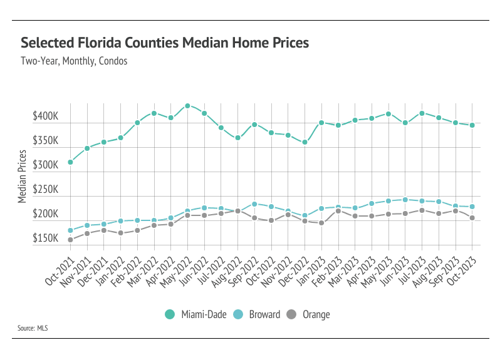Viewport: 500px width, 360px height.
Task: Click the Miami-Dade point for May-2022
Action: click(187, 106)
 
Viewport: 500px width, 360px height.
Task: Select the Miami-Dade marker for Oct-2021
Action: click(70, 162)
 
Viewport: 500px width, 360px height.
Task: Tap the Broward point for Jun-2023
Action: click(405, 200)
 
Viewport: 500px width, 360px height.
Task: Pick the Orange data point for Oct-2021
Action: click(70, 240)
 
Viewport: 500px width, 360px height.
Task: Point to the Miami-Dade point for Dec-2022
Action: click(305, 142)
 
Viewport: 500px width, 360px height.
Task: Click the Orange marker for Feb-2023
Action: click(338, 210)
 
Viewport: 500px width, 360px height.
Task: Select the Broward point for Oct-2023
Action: click(472, 207)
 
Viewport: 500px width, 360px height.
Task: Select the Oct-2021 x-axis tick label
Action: click(61, 270)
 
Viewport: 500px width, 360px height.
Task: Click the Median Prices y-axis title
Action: click(23, 176)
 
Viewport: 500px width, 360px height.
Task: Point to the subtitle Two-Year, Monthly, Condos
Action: click(74, 61)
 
